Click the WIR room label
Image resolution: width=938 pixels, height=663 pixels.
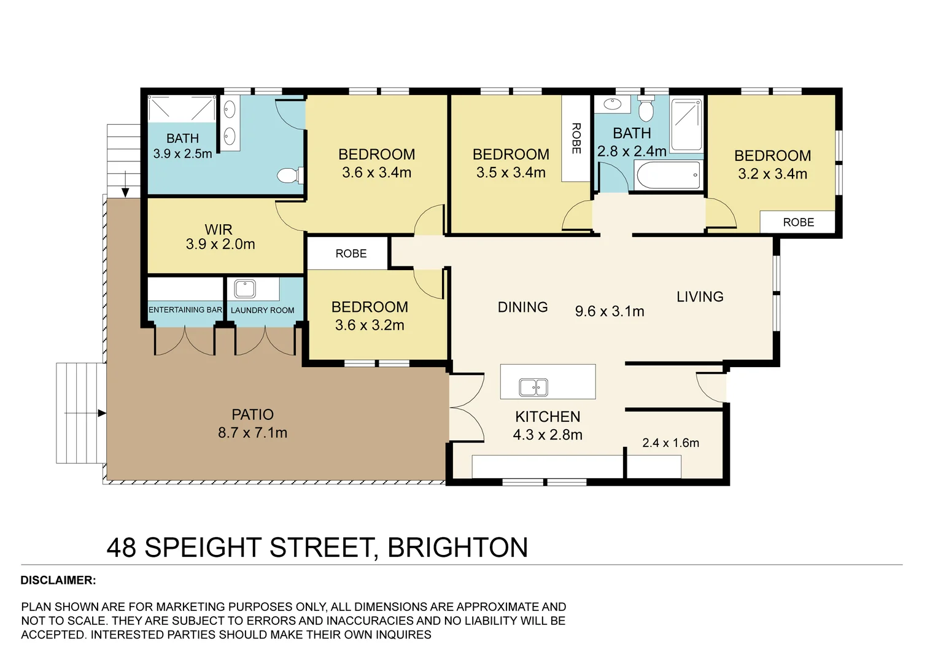click(219, 230)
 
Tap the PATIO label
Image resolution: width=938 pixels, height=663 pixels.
click(252, 415)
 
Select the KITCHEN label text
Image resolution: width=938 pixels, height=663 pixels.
click(548, 417)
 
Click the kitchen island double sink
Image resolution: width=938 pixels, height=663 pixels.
click(533, 387)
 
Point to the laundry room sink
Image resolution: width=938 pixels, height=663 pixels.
click(245, 289)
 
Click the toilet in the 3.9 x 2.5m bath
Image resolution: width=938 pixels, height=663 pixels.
click(289, 176)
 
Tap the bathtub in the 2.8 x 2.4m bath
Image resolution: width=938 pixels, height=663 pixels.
click(668, 176)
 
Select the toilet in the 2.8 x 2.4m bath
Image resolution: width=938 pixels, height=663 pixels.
click(646, 110)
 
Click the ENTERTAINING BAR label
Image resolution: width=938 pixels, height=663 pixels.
click(185, 310)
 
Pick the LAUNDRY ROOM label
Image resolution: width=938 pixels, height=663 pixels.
click(262, 311)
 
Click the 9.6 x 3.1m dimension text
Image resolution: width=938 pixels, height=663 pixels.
click(610, 312)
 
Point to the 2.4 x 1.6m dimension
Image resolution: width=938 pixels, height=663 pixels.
click(670, 443)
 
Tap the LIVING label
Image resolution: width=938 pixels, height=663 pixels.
click(700, 297)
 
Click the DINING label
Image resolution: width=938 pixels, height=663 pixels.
click(522, 308)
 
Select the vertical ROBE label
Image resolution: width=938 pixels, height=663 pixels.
click(576, 138)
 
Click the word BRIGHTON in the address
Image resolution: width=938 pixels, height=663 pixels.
click(458, 548)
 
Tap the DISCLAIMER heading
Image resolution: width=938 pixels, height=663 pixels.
click(58, 581)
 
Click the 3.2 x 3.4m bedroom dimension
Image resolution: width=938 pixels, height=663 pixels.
click(772, 174)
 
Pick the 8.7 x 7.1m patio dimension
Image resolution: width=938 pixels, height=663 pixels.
click(252, 433)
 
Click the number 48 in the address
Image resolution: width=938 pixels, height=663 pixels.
click(122, 548)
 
